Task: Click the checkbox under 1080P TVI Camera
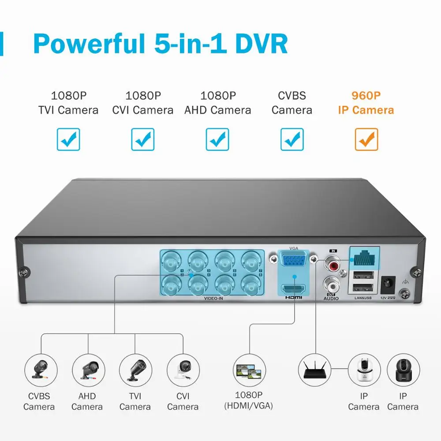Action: pos(68,139)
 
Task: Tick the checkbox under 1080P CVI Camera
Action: pos(143,139)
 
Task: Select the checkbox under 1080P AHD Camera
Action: pos(217,139)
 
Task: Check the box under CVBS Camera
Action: pos(292,139)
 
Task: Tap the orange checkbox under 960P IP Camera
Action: pos(366,139)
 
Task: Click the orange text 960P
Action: pos(366,95)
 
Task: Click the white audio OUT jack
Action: pos(331,283)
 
